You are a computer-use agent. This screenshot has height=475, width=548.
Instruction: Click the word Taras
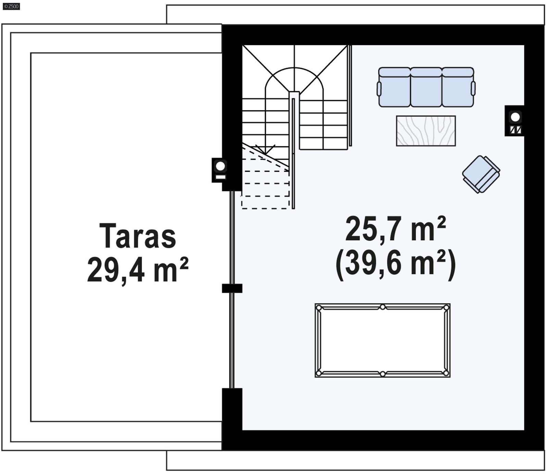click(138, 236)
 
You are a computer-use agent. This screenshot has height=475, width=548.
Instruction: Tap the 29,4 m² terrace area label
click(138, 271)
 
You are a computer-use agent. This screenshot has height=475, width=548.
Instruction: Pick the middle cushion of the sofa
click(426, 88)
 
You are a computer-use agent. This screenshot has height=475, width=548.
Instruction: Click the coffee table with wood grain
click(426, 131)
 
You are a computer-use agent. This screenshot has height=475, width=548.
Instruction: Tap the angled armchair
click(481, 174)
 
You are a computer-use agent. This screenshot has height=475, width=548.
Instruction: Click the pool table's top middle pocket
click(383, 307)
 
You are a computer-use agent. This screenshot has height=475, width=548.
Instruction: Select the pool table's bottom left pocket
click(319, 373)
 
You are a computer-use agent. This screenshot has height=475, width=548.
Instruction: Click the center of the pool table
click(383, 340)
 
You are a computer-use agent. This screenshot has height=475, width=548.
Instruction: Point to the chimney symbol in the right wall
click(515, 121)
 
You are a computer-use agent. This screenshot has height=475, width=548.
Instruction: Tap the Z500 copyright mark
click(11, 6)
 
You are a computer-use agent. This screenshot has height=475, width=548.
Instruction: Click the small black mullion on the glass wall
click(232, 288)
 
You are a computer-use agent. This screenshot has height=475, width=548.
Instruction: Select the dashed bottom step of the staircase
click(265, 203)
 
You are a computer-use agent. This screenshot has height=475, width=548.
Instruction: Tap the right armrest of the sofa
click(473, 88)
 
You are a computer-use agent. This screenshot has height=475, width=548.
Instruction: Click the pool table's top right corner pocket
click(446, 308)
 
